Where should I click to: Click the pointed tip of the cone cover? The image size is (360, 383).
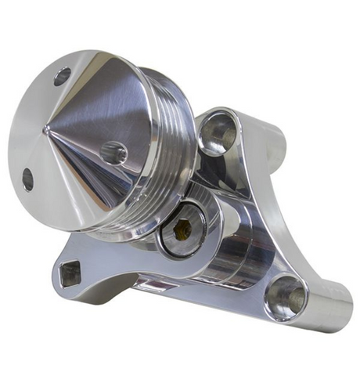[45, 128]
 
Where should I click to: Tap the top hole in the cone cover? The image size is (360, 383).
[62, 76]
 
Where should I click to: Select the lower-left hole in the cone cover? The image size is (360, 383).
[27, 179]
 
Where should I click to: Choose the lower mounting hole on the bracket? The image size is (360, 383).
[285, 298]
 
